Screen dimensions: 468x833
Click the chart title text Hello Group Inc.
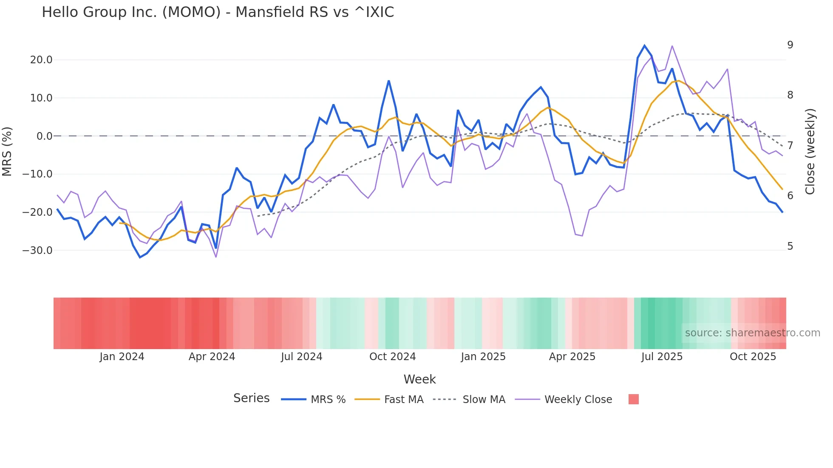tap(218, 12)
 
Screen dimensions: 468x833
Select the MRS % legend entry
tap(328, 400)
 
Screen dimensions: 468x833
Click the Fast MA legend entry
tap(403, 400)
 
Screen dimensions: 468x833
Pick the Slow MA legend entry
tap(484, 400)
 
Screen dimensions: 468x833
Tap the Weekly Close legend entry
tap(578, 400)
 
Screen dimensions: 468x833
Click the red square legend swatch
tap(633, 399)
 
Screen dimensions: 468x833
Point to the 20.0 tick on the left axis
tap(41, 60)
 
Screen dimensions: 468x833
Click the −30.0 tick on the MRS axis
tap(38, 251)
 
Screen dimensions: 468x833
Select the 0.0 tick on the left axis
tap(44, 136)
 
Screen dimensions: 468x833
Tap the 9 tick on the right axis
tap(790, 45)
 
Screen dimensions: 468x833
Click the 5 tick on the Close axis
tap(790, 246)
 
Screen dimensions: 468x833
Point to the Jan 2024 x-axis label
tap(122, 357)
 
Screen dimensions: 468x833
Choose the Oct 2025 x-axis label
tap(753, 357)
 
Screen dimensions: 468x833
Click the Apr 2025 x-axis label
tap(572, 357)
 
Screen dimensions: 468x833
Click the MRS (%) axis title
tap(7, 151)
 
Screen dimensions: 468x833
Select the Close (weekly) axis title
tap(810, 151)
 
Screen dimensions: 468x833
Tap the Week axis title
tap(419, 379)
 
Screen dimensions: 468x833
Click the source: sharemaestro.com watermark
tap(752, 333)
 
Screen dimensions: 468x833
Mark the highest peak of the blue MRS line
tap(645, 45)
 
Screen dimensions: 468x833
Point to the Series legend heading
tap(251, 398)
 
